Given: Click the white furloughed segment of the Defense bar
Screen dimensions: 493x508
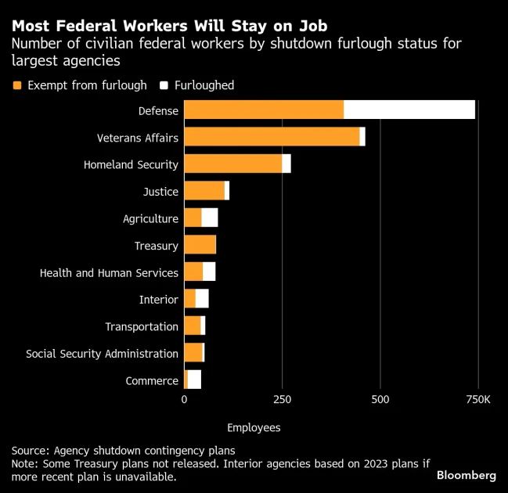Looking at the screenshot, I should pyautogui.click(x=409, y=110).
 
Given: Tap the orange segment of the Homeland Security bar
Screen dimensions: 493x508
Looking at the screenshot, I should pyautogui.click(x=233, y=164).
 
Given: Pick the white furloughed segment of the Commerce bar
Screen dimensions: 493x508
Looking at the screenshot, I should pyautogui.click(x=194, y=380).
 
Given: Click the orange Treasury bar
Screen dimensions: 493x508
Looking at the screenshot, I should pyautogui.click(x=200, y=246).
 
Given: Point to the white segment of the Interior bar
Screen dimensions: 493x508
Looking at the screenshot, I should pyautogui.click(x=202, y=299).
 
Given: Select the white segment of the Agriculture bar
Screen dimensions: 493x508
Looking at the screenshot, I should pyautogui.click(x=210, y=218).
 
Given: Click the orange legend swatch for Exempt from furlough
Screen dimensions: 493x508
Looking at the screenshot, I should pyautogui.click(x=17, y=85).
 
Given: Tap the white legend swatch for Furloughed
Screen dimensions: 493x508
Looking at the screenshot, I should pyautogui.click(x=164, y=85).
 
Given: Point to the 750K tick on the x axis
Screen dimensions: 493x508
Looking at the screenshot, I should pyautogui.click(x=477, y=399).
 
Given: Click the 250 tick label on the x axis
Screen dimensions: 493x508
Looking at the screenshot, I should pyautogui.click(x=282, y=399).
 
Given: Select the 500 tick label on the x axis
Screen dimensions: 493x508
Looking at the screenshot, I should pyautogui.click(x=380, y=399).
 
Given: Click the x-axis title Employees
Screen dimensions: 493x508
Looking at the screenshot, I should pyautogui.click(x=254, y=428).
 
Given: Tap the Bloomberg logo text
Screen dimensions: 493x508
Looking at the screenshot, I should pyautogui.click(x=466, y=475).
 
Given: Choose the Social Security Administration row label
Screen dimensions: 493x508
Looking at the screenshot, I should pyautogui.click(x=102, y=354).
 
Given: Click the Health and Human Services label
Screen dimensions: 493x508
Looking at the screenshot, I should pyautogui.click(x=109, y=272).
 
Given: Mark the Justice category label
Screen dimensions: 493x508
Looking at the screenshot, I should pyautogui.click(x=160, y=192).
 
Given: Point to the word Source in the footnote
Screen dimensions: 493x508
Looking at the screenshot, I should pyautogui.click(x=30, y=450).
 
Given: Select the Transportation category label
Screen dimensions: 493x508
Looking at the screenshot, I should pyautogui.click(x=142, y=326).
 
